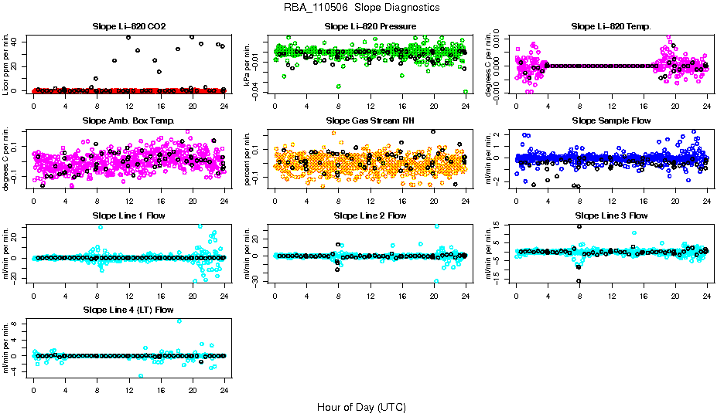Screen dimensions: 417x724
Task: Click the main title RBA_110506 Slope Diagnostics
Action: (362, 7)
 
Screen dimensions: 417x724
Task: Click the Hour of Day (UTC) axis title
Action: (361, 406)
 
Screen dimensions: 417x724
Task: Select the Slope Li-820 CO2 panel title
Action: (128, 27)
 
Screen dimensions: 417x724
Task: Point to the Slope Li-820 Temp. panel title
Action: (611, 27)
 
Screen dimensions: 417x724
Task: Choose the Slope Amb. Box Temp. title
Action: (128, 121)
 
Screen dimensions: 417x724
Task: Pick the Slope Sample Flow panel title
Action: (611, 121)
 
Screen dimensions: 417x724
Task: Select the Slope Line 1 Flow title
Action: (128, 215)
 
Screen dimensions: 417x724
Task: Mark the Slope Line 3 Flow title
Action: (611, 215)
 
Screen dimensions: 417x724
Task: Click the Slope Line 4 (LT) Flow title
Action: (128, 310)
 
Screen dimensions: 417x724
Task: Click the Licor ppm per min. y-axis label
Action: (7, 66)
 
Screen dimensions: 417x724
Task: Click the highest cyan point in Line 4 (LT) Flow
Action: (179, 321)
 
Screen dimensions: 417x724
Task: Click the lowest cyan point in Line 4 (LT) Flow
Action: (141, 376)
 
